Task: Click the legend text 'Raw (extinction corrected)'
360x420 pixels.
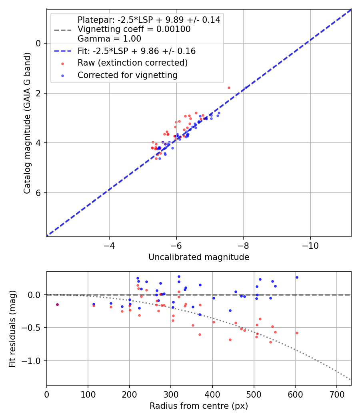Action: click(x=132, y=63)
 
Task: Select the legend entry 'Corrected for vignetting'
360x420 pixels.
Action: click(x=128, y=75)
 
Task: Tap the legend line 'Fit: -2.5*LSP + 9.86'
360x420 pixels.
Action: click(x=136, y=51)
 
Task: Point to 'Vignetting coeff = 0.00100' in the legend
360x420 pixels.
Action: click(x=134, y=29)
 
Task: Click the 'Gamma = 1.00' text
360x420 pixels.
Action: click(x=109, y=39)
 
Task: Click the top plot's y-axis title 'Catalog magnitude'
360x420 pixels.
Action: click(x=27, y=122)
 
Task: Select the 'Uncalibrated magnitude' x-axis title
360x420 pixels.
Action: click(x=199, y=257)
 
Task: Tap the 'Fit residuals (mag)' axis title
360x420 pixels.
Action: click(x=13, y=328)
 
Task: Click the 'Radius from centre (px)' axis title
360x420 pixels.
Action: click(x=199, y=406)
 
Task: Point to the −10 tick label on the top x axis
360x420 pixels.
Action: click(x=310, y=245)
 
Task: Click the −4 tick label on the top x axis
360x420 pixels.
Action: click(x=109, y=245)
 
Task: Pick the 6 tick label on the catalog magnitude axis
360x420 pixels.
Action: click(x=39, y=193)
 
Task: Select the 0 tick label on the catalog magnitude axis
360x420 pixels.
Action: click(x=39, y=43)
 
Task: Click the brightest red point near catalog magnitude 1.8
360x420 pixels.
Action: click(x=229, y=88)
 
